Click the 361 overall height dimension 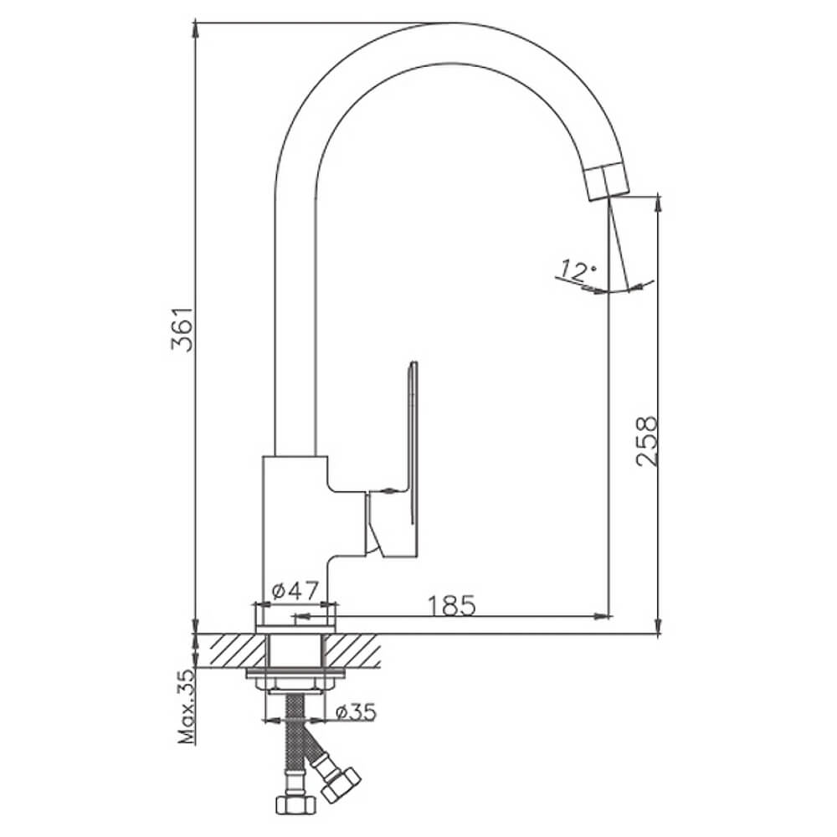pyautogui.click(x=183, y=329)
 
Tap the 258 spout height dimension pyautogui.click(x=648, y=442)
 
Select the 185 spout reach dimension pyautogui.click(x=452, y=605)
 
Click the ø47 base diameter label pyautogui.click(x=295, y=591)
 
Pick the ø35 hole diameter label pyautogui.click(x=356, y=712)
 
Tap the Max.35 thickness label pyautogui.click(x=187, y=706)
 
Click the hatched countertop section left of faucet pyautogui.click(x=231, y=650)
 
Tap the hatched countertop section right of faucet pyautogui.click(x=352, y=650)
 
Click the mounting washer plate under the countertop pyautogui.click(x=295, y=673)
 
